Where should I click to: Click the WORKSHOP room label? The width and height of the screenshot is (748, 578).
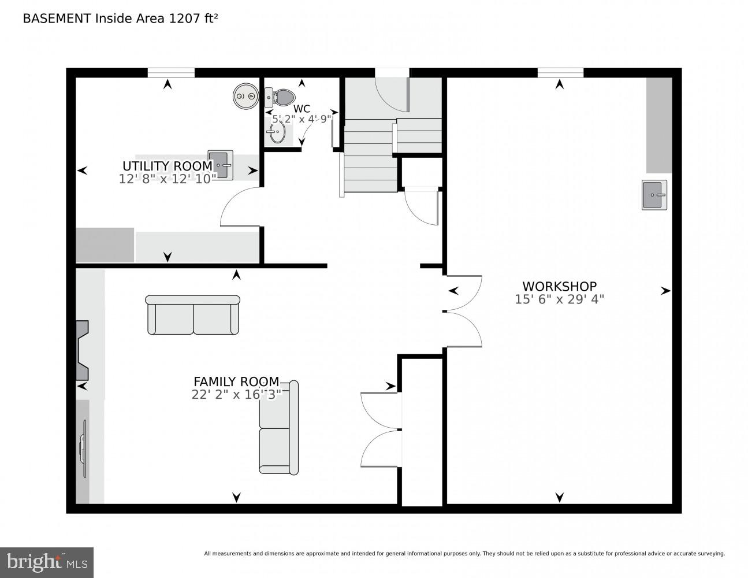[x=559, y=286]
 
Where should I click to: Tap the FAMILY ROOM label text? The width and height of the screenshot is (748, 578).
[x=236, y=381]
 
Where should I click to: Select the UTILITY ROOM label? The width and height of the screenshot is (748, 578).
[x=168, y=166]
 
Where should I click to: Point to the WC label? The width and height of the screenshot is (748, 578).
[x=302, y=109]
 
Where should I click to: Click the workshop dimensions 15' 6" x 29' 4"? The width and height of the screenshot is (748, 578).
[x=559, y=299]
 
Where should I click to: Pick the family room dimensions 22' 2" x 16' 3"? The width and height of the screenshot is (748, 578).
[x=236, y=395]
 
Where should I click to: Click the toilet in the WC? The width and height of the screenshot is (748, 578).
[x=281, y=97]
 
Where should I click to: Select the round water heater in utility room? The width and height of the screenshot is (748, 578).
[x=245, y=96]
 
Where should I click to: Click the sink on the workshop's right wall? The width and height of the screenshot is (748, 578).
[x=654, y=195]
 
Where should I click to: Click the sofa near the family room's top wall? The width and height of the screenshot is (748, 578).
[x=192, y=315]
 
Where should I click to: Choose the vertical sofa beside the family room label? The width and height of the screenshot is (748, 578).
[x=279, y=428]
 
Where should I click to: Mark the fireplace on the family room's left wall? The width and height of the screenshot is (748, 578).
[x=81, y=350]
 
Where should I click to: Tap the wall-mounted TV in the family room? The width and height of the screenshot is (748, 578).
[x=83, y=449]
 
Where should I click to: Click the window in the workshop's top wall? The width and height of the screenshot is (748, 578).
[x=560, y=73]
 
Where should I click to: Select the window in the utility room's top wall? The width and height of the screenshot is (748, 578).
[x=171, y=73]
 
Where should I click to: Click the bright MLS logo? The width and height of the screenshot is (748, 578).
[x=47, y=562]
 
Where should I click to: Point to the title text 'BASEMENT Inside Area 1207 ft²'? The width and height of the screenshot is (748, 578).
[x=120, y=18]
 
